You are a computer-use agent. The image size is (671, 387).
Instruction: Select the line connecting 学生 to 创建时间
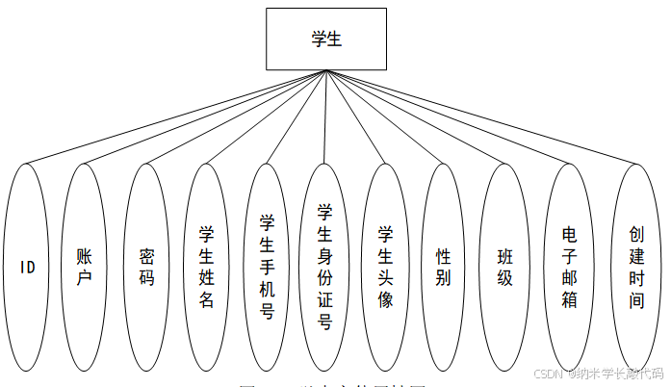[x=483, y=117]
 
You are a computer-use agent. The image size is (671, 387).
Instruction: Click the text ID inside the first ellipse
[x=27, y=268]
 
